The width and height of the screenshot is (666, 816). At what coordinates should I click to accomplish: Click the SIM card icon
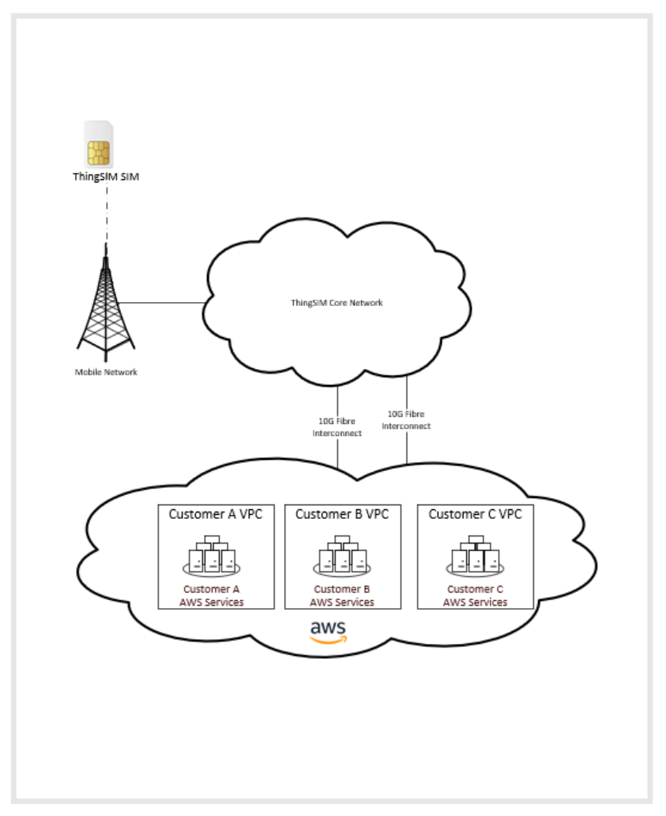[x=98, y=144]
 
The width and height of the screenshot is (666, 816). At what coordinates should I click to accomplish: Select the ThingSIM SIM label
[x=106, y=177]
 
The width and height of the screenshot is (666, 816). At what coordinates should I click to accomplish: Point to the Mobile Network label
[x=106, y=372]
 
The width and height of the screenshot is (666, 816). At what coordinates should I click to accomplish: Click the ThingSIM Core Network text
[x=337, y=303]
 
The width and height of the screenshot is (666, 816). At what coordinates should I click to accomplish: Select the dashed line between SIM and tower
[x=107, y=214]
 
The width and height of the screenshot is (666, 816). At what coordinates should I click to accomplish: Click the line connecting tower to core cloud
[x=161, y=302]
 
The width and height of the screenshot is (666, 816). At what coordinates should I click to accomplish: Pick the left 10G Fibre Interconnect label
[x=337, y=427]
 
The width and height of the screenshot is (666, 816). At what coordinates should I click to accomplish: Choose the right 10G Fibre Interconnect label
[x=406, y=420]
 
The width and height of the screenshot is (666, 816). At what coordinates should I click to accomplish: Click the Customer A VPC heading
[x=215, y=514]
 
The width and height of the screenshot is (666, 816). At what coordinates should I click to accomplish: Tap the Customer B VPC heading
[x=342, y=514]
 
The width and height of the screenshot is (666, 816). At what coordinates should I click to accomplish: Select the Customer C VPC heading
[x=475, y=514]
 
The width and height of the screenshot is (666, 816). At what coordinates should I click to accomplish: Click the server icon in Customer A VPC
[x=212, y=555]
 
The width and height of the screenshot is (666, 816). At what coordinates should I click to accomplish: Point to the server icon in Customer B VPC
[x=342, y=555]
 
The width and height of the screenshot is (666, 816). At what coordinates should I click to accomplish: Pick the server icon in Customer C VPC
[x=475, y=555]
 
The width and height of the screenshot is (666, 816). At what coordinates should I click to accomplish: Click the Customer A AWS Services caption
[x=212, y=596]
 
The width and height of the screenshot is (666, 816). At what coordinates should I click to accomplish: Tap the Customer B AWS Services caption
[x=342, y=596]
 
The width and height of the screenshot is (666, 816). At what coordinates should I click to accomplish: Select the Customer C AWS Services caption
[x=475, y=596]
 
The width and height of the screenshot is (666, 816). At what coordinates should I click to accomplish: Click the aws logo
[x=328, y=632]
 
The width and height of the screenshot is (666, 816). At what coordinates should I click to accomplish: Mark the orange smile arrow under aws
[x=328, y=641]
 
